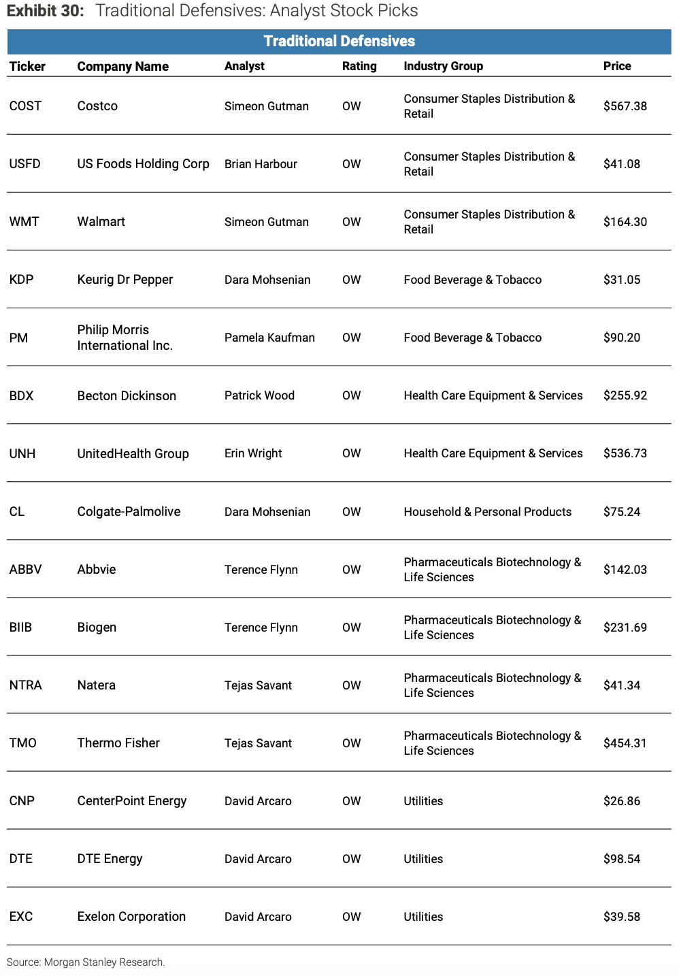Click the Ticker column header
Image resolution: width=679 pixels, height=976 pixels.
tap(27, 66)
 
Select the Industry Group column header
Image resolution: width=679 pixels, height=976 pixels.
tap(443, 66)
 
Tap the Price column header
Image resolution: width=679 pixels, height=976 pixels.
tap(617, 66)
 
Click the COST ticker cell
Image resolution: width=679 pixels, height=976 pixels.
tap(25, 106)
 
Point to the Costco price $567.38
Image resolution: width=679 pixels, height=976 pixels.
tap(625, 106)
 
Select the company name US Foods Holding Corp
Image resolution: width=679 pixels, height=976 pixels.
tap(143, 164)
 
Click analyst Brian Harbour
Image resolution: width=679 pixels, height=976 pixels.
tap(261, 164)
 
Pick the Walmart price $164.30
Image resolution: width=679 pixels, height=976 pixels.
tap(625, 222)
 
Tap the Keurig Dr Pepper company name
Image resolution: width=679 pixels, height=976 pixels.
tap(125, 280)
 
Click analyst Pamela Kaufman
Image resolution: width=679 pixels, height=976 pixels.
tap(269, 338)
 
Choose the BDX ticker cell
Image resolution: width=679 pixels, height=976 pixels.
tap(21, 395)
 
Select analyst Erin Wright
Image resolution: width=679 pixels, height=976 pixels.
tap(253, 453)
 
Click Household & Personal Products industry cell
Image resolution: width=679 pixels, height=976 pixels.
tap(487, 512)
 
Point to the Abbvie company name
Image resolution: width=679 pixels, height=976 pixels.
tap(97, 570)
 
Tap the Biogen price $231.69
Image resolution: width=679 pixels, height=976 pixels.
tap(625, 628)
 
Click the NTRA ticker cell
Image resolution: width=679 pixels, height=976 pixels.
tap(26, 685)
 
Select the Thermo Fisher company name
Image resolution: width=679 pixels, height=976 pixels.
tap(118, 743)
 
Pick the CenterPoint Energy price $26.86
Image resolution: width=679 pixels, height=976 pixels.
tap(621, 801)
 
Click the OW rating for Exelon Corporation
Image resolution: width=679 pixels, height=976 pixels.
tap(351, 917)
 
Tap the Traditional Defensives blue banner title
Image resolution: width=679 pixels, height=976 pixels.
tap(339, 42)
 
